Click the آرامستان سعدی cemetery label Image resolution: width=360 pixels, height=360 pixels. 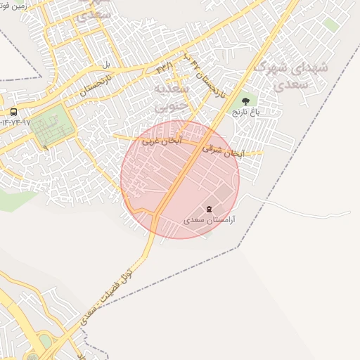[209, 220]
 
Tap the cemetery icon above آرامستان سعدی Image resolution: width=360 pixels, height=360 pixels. [209, 209]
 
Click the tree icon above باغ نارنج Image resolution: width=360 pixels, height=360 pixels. [245, 101]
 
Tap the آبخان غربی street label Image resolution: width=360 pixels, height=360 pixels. [162, 141]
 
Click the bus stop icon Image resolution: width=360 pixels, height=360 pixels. [13, 112]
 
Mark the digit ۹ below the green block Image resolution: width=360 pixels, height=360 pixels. [45, 147]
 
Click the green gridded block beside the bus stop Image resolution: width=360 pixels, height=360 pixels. [51, 124]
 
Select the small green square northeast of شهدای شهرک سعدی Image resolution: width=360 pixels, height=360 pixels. [331, 25]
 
